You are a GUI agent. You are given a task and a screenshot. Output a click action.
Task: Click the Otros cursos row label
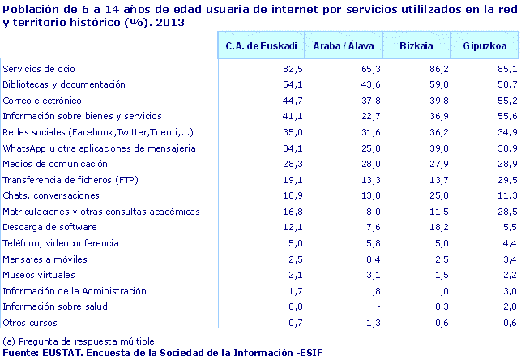tap(30, 322)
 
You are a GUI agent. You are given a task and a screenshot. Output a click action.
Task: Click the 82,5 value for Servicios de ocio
tap(293, 69)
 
